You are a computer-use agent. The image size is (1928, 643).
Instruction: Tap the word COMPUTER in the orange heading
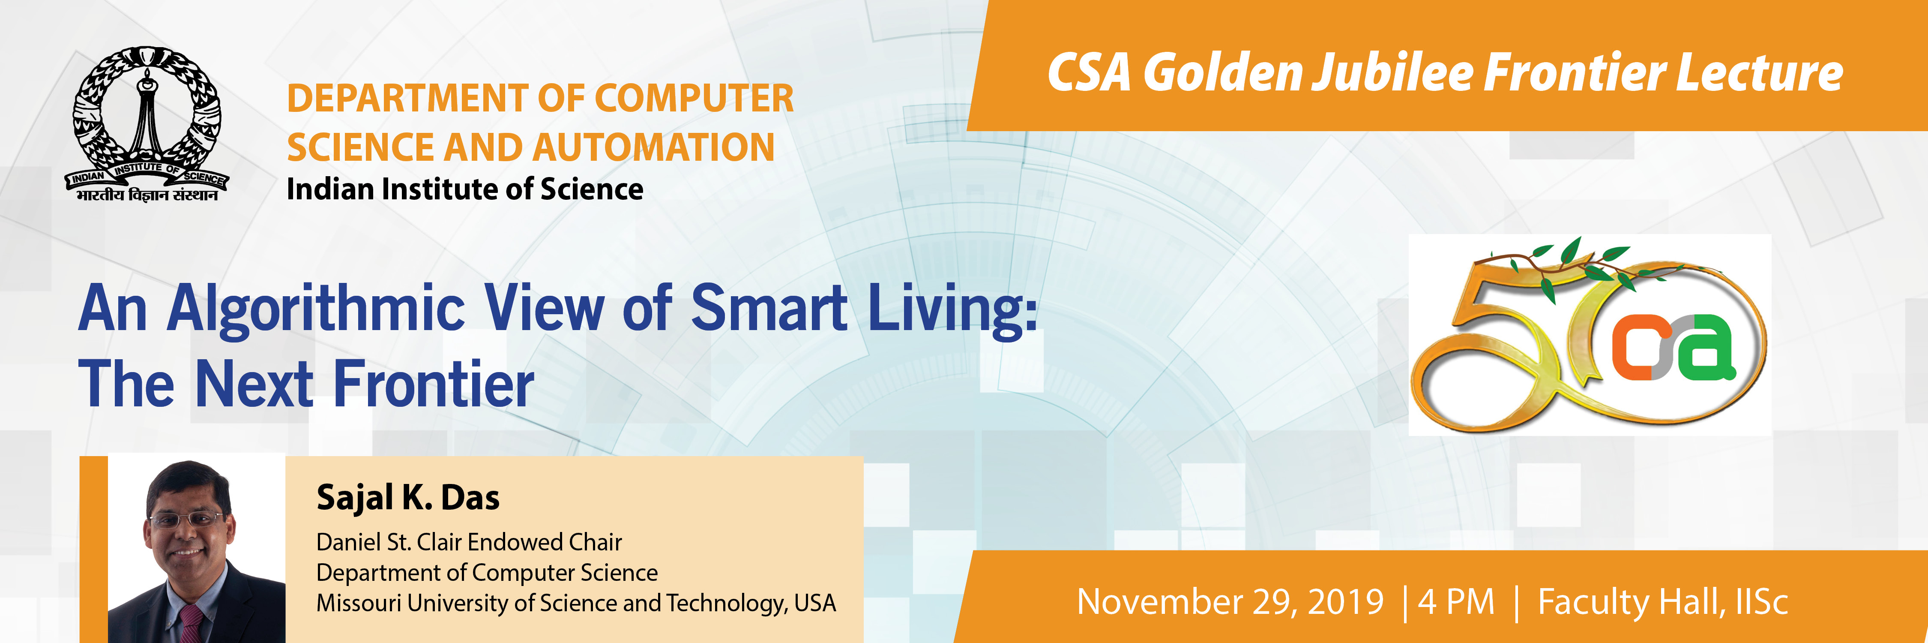(x=694, y=98)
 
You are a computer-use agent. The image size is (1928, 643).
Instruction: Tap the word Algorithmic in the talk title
(x=316, y=309)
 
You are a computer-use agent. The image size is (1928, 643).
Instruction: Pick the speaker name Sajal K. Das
(x=408, y=498)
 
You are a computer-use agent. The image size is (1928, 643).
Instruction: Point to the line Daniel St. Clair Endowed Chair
(x=469, y=542)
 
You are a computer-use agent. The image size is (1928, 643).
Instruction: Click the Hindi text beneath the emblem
(x=147, y=195)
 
